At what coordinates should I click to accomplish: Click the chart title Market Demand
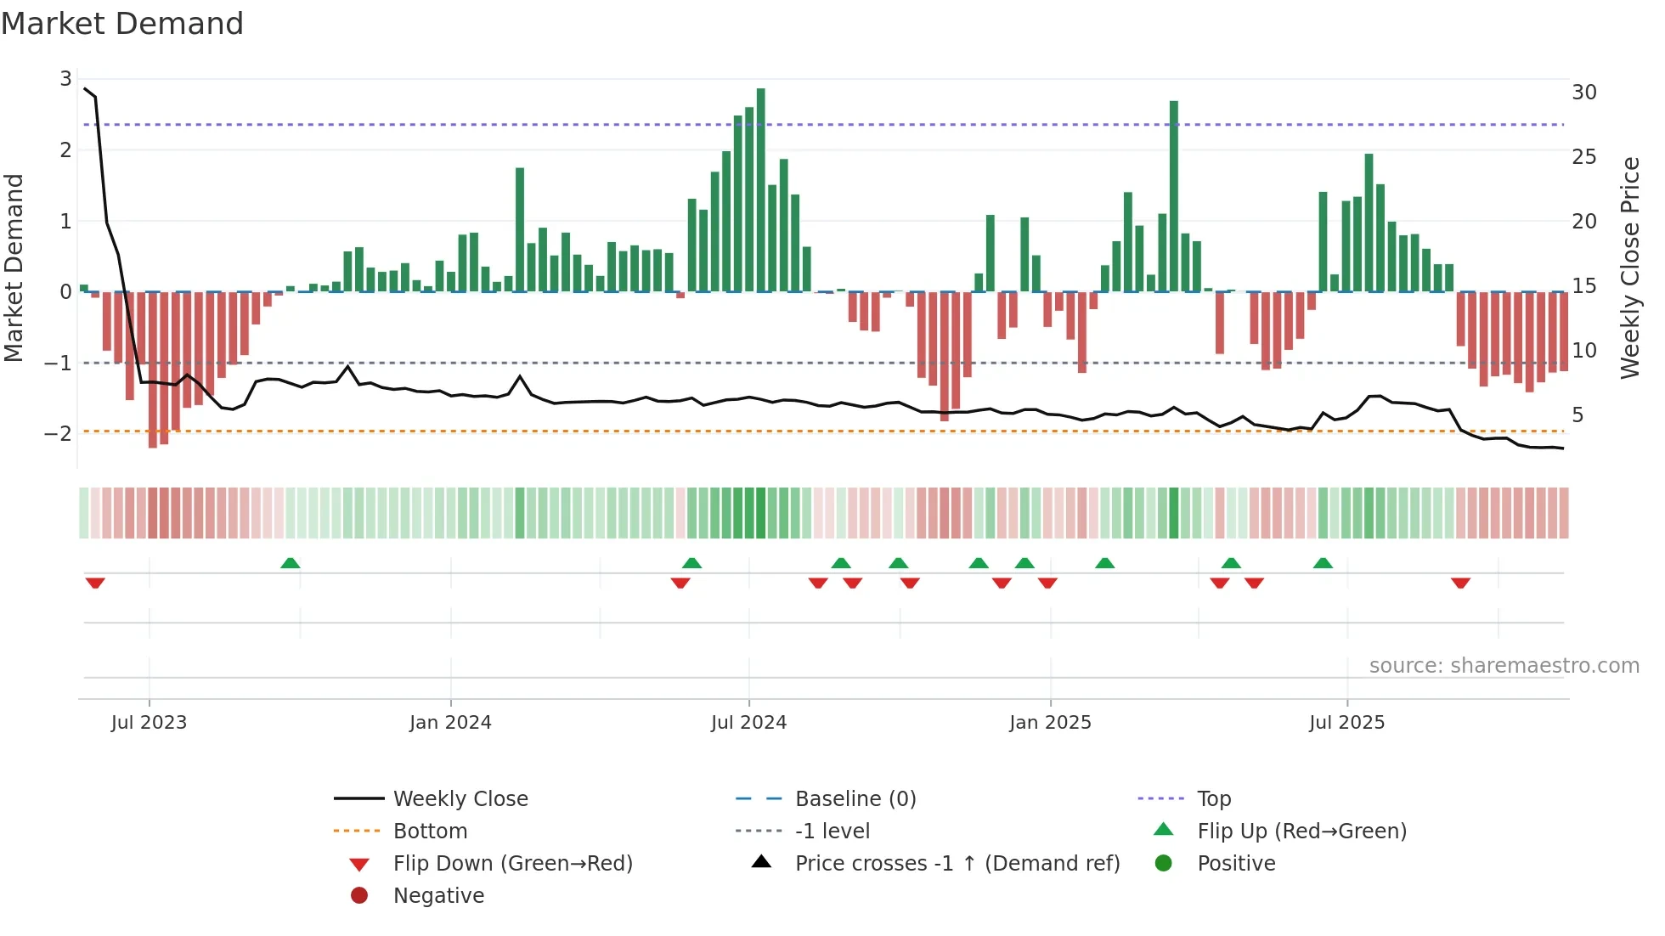(122, 24)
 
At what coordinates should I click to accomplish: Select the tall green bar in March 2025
(1173, 195)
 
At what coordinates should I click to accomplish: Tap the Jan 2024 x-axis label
(450, 723)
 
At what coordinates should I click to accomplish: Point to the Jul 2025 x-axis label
(1346, 723)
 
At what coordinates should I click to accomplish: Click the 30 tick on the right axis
(1583, 93)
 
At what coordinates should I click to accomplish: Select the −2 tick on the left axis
(59, 434)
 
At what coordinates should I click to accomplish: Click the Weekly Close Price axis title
(1629, 268)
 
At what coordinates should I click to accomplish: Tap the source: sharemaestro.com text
(1504, 666)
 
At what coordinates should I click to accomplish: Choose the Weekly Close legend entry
(460, 799)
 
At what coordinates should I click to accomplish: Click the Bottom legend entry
(430, 832)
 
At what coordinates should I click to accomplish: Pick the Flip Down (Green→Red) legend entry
(512, 864)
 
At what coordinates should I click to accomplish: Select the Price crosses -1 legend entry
(957, 864)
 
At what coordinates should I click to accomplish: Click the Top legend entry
(1213, 799)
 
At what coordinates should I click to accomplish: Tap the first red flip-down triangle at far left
(95, 583)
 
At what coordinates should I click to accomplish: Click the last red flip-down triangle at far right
(1460, 583)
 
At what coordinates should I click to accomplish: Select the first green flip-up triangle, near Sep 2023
(291, 563)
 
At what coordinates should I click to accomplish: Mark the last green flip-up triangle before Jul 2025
(1323, 563)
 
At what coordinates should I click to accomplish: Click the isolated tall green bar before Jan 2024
(520, 229)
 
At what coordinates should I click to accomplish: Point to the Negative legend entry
(438, 896)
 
